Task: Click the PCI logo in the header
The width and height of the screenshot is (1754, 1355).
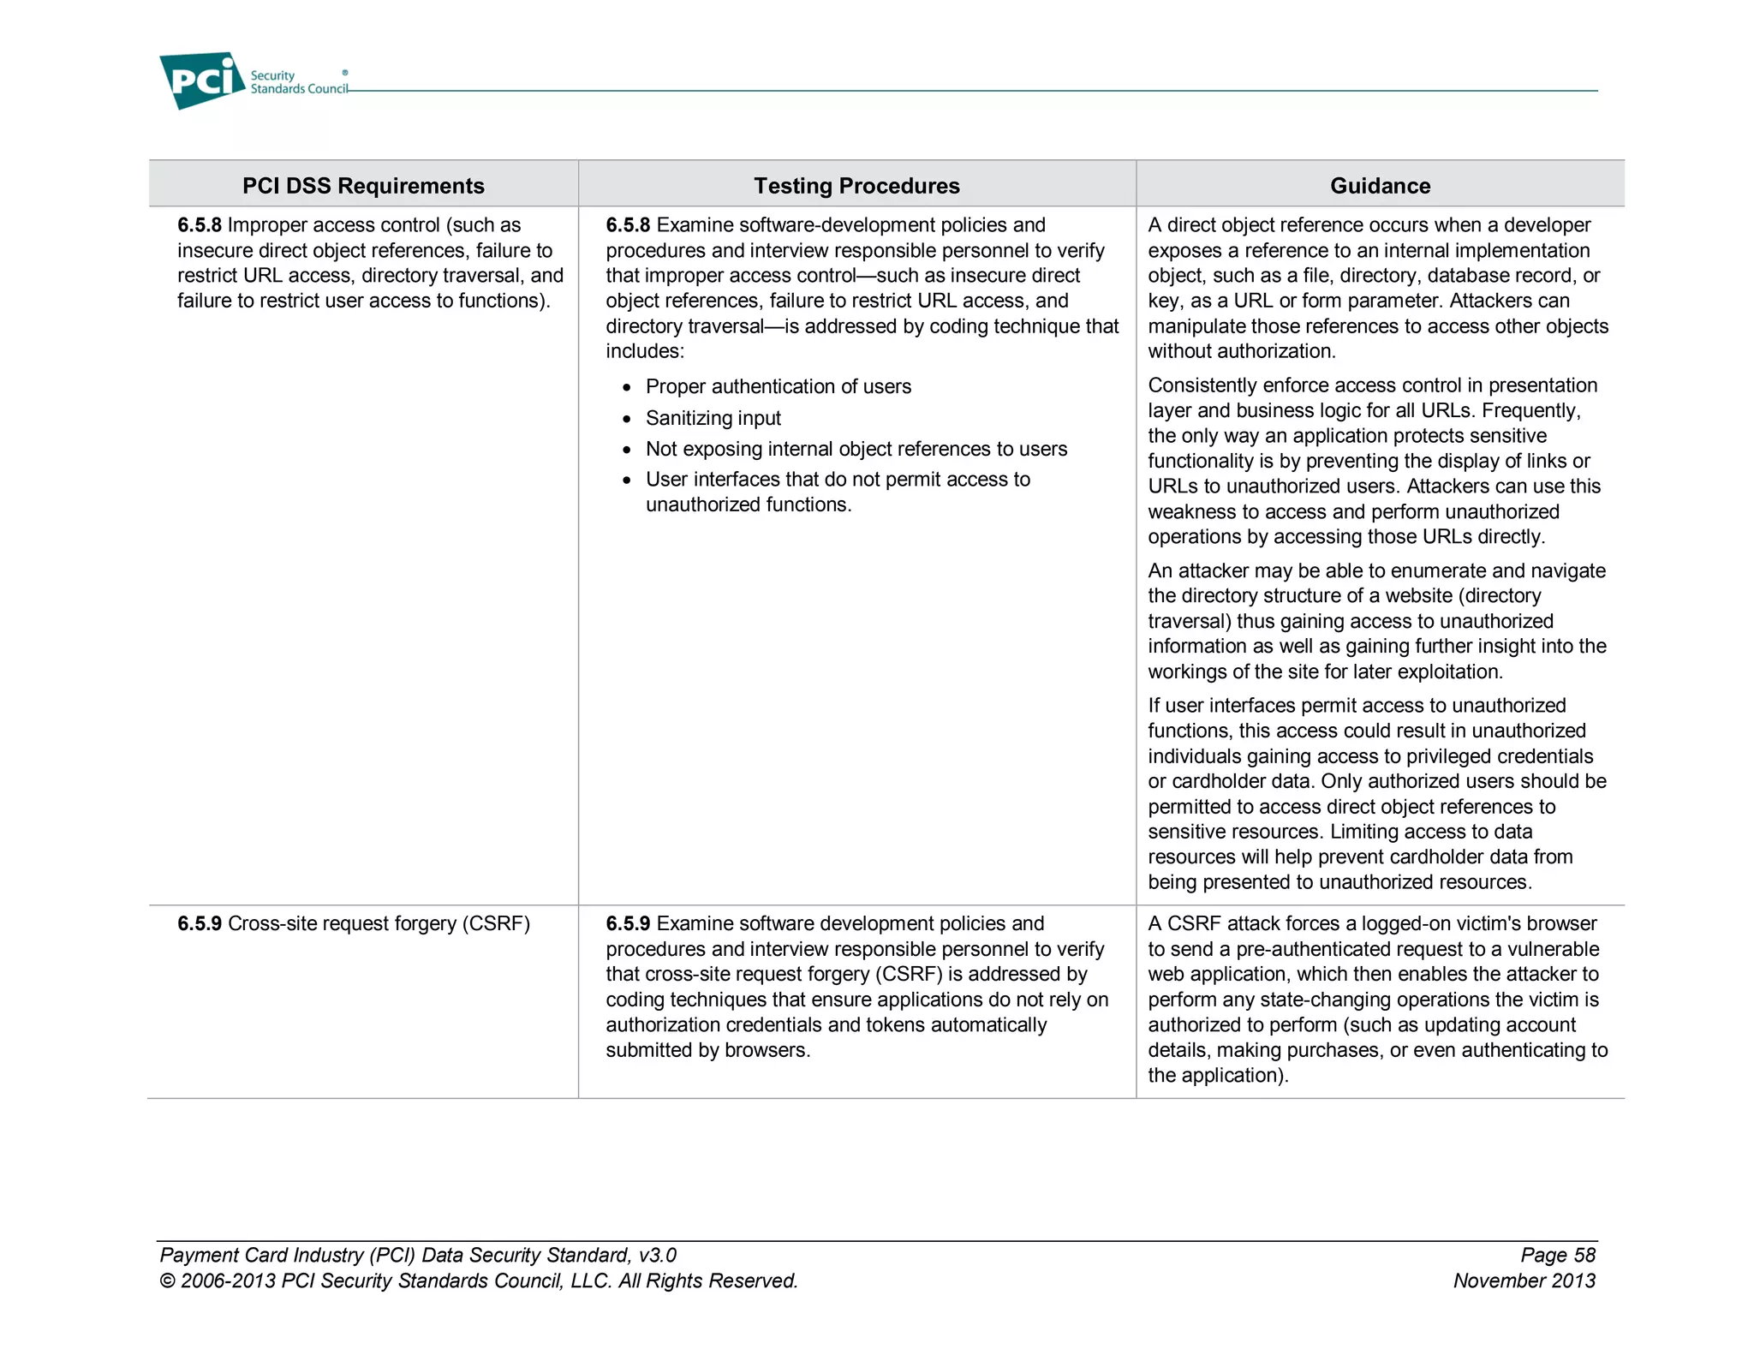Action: pyautogui.click(x=201, y=81)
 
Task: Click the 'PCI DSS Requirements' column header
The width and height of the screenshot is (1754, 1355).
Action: pyautogui.click(x=363, y=186)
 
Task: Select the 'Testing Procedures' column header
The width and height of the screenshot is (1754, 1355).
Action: pyautogui.click(x=856, y=186)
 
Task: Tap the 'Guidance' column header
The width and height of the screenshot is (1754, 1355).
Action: pyautogui.click(x=1380, y=186)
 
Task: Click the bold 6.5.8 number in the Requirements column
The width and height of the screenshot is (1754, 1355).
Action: pyautogui.click(x=200, y=225)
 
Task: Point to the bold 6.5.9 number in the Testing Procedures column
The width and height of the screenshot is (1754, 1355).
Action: pyautogui.click(x=628, y=923)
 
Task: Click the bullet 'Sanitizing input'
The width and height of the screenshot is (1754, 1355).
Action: pyautogui.click(x=713, y=418)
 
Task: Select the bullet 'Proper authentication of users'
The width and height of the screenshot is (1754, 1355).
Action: pyautogui.click(x=778, y=386)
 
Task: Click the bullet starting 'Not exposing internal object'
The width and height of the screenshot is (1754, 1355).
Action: pyautogui.click(x=856, y=449)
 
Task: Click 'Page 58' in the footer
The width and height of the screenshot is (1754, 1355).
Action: pyautogui.click(x=1557, y=1255)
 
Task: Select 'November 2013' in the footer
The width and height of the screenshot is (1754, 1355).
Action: pyautogui.click(x=1524, y=1280)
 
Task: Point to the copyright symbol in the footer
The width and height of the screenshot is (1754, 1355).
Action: pyautogui.click(x=167, y=1281)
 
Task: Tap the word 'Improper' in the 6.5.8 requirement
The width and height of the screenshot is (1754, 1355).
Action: pyautogui.click(x=266, y=225)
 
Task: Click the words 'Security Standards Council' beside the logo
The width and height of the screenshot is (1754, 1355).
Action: pyautogui.click(x=298, y=82)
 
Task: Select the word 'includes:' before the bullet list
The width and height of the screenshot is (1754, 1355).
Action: pyautogui.click(x=645, y=351)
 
